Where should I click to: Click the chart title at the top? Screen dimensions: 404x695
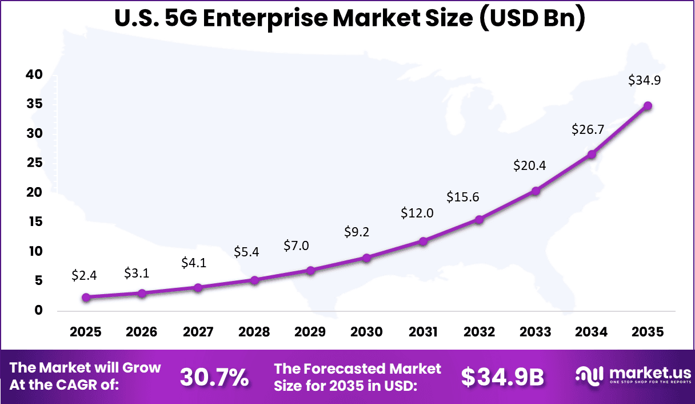click(x=350, y=18)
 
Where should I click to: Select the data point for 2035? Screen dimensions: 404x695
click(x=648, y=106)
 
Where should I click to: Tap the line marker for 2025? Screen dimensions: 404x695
click(x=86, y=297)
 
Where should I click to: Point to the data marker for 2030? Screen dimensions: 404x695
click(x=366, y=258)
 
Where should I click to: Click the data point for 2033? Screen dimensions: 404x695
click(x=536, y=191)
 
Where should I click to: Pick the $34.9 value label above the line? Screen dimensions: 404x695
click(x=644, y=81)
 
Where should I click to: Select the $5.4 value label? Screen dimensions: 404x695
click(x=247, y=252)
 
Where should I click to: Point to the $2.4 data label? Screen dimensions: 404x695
click(x=84, y=275)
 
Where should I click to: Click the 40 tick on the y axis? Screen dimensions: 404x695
click(x=34, y=74)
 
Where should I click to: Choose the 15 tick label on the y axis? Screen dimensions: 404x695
click(x=34, y=222)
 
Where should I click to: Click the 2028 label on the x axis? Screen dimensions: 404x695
click(x=254, y=332)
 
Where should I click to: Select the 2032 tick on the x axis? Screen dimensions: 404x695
click(x=479, y=332)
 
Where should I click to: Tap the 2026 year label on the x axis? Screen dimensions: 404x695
click(x=141, y=332)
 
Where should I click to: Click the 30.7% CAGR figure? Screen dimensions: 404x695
click(x=214, y=377)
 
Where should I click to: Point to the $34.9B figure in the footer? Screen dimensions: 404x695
click(x=502, y=377)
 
